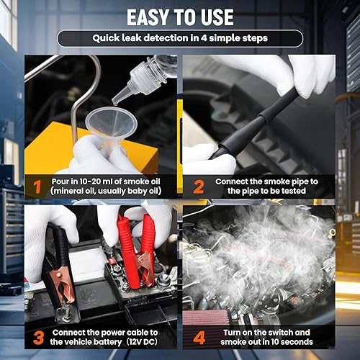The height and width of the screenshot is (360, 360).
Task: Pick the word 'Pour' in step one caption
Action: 61,179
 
